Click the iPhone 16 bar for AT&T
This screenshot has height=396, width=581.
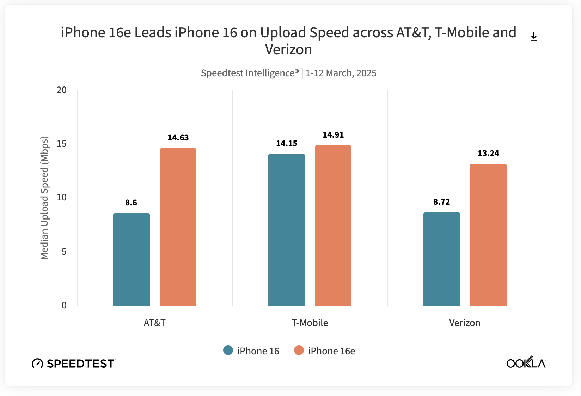[132, 259]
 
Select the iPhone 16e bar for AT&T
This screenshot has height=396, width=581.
[178, 227]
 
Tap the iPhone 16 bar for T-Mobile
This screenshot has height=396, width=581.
[287, 230]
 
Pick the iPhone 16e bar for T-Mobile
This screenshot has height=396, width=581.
[333, 226]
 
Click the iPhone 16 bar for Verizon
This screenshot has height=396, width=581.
[442, 259]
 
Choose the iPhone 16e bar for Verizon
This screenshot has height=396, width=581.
[488, 235]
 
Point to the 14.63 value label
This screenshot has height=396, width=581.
[178, 138]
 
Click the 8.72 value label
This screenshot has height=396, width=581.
[442, 202]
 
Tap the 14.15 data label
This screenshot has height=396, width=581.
[287, 143]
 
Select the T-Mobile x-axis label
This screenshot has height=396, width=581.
[310, 323]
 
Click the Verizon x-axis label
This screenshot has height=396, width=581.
[465, 323]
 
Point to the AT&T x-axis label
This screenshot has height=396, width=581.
[154, 323]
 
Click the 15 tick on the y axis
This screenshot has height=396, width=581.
[62, 144]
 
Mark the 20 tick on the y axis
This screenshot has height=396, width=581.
[62, 90]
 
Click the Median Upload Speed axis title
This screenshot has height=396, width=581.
[44, 198]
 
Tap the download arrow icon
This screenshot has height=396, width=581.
[534, 36]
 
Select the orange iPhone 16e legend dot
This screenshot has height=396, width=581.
[299, 350]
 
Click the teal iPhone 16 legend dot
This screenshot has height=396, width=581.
[228, 350]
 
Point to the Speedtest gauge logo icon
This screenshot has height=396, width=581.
[37, 363]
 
